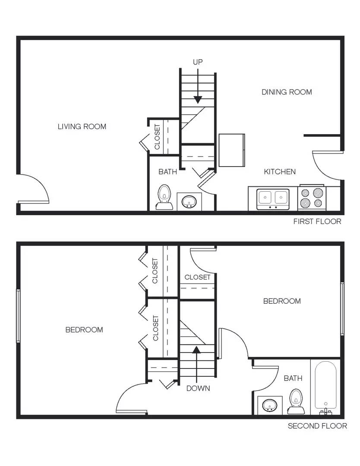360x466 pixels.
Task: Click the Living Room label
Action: pos(82,126)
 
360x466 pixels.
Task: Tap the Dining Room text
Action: pos(287,92)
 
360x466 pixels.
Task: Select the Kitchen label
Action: pos(280,172)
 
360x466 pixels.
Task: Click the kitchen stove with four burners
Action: pos(312,198)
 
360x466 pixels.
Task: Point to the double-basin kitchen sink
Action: pos(273,198)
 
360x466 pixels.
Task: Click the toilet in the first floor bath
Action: pos(164,198)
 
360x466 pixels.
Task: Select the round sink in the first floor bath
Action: pos(189,202)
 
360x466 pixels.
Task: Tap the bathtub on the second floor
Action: pos(326,386)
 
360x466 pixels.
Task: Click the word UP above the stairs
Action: pos(198,62)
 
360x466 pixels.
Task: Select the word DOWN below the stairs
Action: pos(198,388)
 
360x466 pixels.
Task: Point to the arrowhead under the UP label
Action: pos(198,99)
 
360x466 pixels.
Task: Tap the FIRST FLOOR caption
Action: pos(317,221)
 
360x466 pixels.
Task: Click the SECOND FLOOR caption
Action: pos(317,426)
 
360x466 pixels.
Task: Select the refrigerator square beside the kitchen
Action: pos(231,150)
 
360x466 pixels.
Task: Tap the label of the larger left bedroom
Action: pos(84,330)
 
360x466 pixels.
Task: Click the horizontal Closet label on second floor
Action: pos(197,277)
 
